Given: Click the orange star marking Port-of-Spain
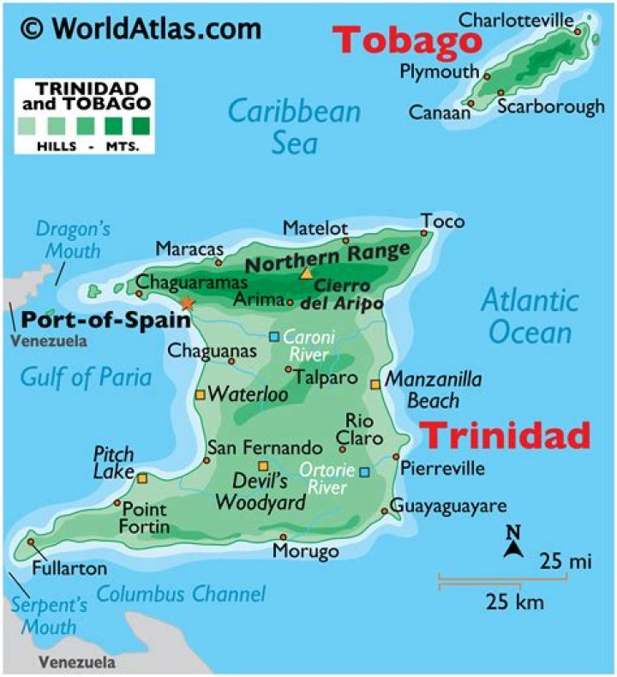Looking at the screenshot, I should tap(187, 303).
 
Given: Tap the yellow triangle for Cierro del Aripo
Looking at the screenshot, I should tap(306, 274).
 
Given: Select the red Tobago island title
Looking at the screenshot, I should tap(407, 39).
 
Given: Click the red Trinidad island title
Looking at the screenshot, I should tap(507, 435).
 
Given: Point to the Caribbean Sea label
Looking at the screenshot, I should tap(294, 126).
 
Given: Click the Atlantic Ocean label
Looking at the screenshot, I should tap(529, 316).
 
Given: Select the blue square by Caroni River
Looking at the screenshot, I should tap(274, 337).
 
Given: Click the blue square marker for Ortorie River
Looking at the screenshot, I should tap(364, 471).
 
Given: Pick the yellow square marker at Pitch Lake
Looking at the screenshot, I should tap(142, 478).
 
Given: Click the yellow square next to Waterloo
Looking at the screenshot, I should tap(200, 395).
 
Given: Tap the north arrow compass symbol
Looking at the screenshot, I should tap(512, 543).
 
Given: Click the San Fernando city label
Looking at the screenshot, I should tap(265, 448).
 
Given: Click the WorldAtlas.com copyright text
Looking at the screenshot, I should tap(141, 28).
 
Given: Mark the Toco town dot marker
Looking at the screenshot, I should tap(423, 232).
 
